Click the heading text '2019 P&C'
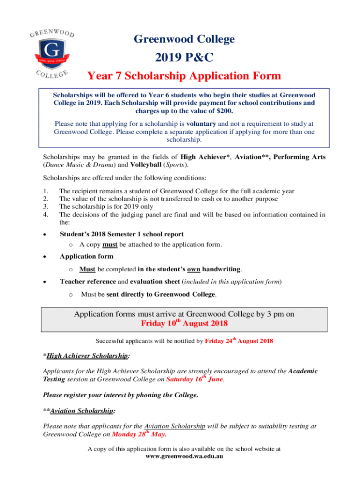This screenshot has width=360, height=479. pyautogui.click(x=184, y=58)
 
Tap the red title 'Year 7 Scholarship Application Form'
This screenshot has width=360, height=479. pyautogui.click(x=184, y=76)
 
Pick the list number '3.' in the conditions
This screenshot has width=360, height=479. pyautogui.click(x=45, y=207)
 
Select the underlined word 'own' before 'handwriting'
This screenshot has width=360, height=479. pyautogui.click(x=194, y=269)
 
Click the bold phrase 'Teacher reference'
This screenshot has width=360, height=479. pyautogui.click(x=87, y=282)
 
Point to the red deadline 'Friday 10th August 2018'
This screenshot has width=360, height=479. pyautogui.click(x=184, y=323)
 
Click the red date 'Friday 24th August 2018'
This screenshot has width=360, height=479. pyautogui.click(x=239, y=341)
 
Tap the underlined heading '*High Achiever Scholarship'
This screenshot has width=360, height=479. pyautogui.click(x=86, y=356)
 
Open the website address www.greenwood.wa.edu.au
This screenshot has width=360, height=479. pyautogui.click(x=184, y=456)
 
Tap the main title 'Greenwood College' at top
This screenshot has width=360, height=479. pyautogui.click(x=184, y=39)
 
